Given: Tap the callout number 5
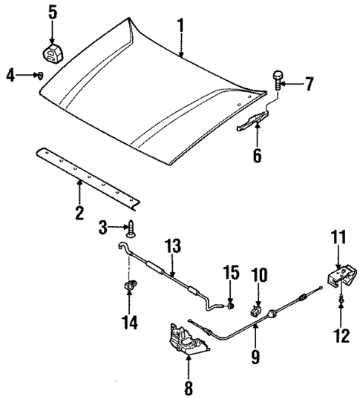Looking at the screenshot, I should click(x=52, y=13).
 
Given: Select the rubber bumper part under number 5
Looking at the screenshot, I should click(x=51, y=53).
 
